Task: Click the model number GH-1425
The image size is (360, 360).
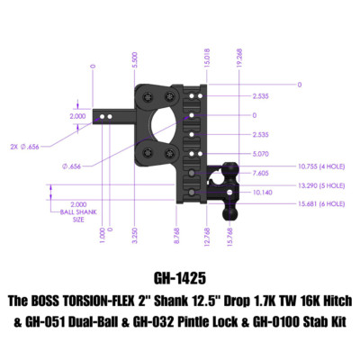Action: pos(180,279)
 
